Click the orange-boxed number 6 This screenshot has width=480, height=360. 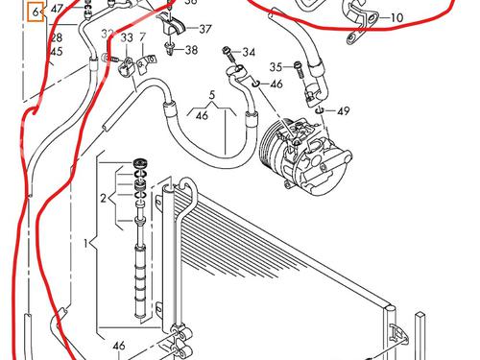coord(36,13)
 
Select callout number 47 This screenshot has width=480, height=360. coord(58,10)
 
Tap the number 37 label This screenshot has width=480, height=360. coord(205,29)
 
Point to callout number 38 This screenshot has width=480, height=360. coord(192,50)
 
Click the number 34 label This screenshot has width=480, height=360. coord(250,52)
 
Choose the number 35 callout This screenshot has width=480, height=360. coord(276,66)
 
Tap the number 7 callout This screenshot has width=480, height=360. coord(143,36)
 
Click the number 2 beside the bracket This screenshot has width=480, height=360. coord(102,200)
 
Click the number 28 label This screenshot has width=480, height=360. coord(56,37)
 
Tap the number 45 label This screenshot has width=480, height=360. coord(56,51)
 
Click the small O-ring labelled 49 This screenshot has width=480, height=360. coord(319,111)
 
